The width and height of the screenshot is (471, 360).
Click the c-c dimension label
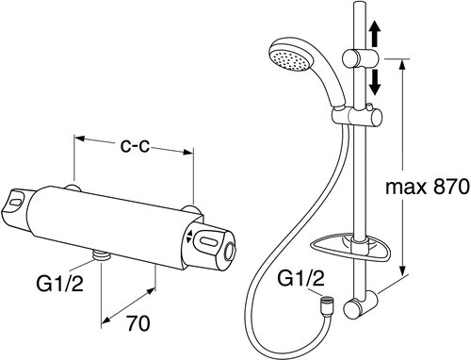pos(136,145)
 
